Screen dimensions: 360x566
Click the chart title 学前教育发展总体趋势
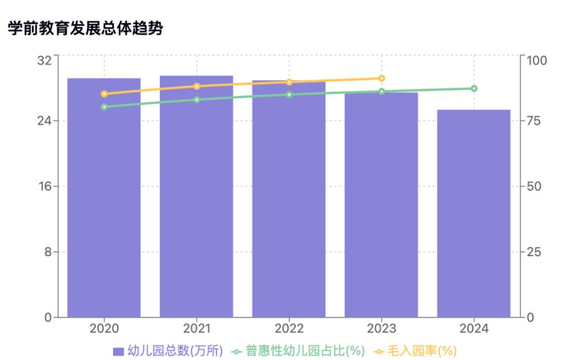pyautogui.click(x=85, y=28)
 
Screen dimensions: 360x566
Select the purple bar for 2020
pyautogui.click(x=104, y=199)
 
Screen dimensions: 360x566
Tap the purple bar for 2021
pyautogui.click(x=196, y=199)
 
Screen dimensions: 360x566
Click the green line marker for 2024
pyautogui.click(x=474, y=88)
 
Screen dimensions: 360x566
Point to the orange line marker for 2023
pyautogui.click(x=381, y=78)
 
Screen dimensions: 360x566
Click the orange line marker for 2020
pyautogui.click(x=104, y=94)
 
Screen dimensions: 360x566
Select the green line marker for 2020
pyautogui.click(x=104, y=107)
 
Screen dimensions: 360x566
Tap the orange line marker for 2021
pyautogui.click(x=196, y=86)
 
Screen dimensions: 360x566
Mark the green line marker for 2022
pyautogui.click(x=289, y=95)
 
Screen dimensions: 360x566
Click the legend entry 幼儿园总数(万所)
pyautogui.click(x=168, y=351)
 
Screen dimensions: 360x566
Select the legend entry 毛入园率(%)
pyautogui.click(x=415, y=351)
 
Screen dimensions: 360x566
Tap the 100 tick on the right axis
pyautogui.click(x=536, y=60)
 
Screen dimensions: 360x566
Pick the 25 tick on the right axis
pyautogui.click(x=533, y=252)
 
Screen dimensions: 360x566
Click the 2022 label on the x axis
pyautogui.click(x=289, y=328)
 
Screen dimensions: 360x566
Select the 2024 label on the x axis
pyautogui.click(x=474, y=328)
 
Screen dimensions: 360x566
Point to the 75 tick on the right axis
pyautogui.click(x=533, y=120)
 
